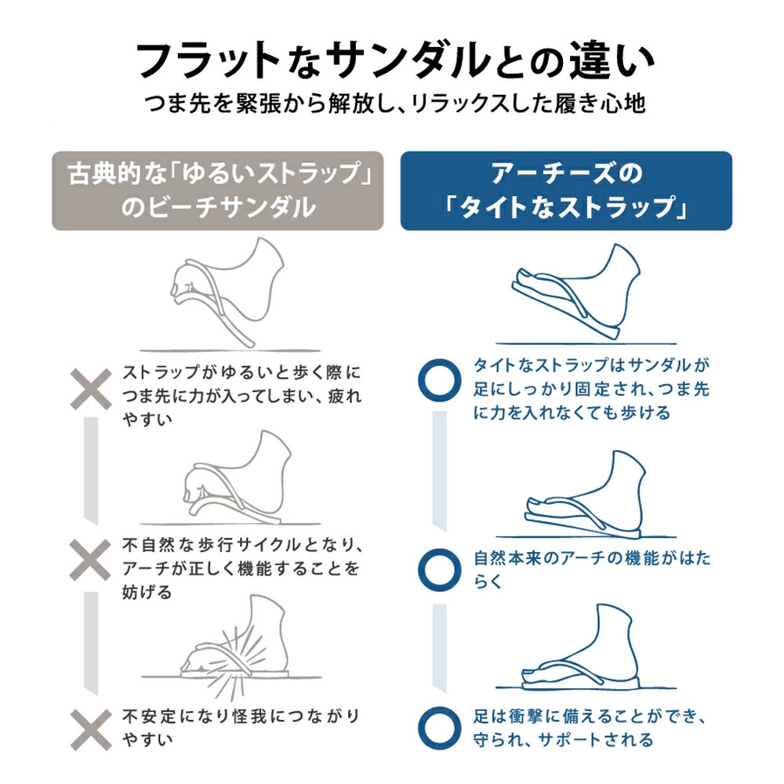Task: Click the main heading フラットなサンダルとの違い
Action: coord(395,61)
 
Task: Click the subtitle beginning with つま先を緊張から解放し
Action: coord(395,104)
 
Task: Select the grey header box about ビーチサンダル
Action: coord(217,191)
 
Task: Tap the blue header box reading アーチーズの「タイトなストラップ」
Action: coord(566,191)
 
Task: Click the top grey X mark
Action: coord(90,390)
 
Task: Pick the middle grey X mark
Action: coord(90,560)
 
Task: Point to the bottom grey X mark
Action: coord(90,729)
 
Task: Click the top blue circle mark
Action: coord(440,380)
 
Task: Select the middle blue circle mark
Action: coord(440,570)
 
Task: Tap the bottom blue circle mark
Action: coord(440,728)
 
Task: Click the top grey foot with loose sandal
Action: coord(227,292)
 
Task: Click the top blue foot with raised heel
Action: coord(575,292)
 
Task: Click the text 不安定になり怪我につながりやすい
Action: coord(241,728)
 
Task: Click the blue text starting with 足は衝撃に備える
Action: coord(590,728)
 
